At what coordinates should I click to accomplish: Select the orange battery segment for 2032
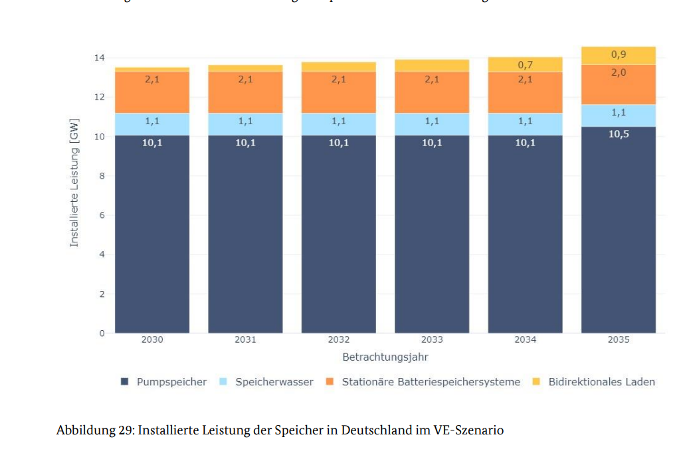pyautogui.click(x=338, y=92)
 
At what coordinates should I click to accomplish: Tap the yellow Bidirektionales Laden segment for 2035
pyautogui.click(x=618, y=56)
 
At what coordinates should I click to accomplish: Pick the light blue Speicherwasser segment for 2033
pyautogui.click(x=432, y=124)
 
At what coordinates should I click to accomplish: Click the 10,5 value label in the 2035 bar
pyautogui.click(x=618, y=134)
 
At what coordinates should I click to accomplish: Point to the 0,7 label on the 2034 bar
pyautogui.click(x=525, y=65)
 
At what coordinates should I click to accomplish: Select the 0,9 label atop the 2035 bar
pyautogui.click(x=618, y=54)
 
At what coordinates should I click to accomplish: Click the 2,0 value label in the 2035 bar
pyautogui.click(x=618, y=72)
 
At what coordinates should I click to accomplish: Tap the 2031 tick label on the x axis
pyautogui.click(x=245, y=340)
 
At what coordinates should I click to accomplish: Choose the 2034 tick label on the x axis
pyautogui.click(x=525, y=340)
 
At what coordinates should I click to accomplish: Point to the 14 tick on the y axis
pyautogui.click(x=99, y=58)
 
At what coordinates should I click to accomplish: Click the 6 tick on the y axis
pyautogui.click(x=102, y=215)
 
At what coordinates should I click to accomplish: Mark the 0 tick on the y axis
pyautogui.click(x=102, y=333)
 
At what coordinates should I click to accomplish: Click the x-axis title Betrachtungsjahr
pyautogui.click(x=385, y=357)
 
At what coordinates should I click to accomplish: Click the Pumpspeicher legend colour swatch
pyautogui.click(x=125, y=382)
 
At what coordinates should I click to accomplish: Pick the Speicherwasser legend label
pyautogui.click(x=274, y=382)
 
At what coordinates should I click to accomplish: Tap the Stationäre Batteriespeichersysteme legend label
pyautogui.click(x=431, y=382)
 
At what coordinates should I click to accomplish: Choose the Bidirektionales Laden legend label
pyautogui.click(x=601, y=382)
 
